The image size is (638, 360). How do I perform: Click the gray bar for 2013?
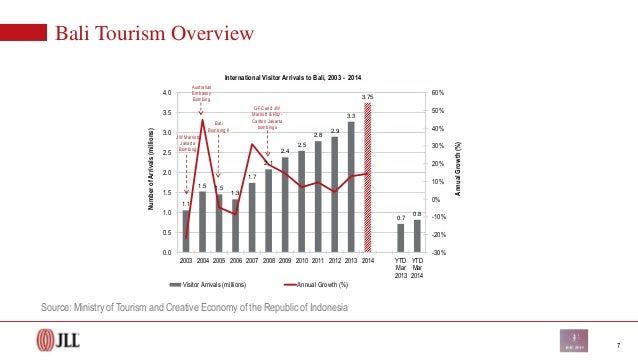350,187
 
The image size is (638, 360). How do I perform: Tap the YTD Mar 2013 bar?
400,238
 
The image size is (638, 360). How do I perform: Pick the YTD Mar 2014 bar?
417,236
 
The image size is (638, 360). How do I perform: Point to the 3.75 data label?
367,96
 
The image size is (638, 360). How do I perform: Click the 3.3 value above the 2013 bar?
350,115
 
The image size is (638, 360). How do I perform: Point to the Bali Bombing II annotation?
218,126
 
